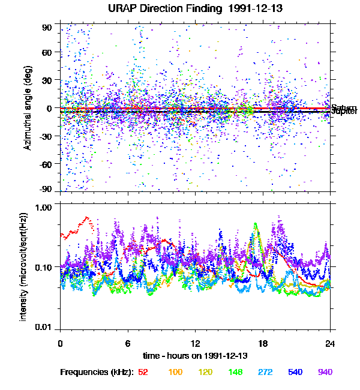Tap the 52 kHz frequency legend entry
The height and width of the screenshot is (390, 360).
point(143,373)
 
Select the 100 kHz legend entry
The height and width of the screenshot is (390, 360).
point(175,373)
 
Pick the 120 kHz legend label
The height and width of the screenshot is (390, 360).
point(205,373)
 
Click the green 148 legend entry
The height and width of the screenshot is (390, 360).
point(235,373)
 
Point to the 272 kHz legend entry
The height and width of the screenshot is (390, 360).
point(265,373)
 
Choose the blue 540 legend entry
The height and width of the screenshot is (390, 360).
point(295,373)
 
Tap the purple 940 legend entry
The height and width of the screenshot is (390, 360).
point(325,373)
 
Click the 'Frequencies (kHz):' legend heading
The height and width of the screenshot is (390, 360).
point(97,373)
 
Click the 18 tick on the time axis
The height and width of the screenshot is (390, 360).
point(263,344)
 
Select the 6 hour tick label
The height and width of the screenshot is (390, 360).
point(128,344)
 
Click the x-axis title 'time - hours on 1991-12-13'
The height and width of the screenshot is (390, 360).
point(195,355)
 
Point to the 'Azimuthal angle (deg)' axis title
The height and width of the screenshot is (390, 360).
point(28,109)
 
